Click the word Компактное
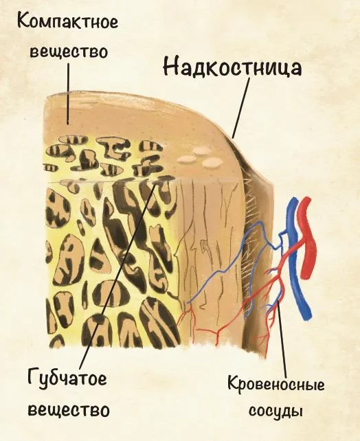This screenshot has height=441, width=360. [x=67, y=22]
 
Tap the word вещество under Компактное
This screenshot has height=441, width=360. [x=69, y=52]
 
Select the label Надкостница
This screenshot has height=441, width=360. [x=232, y=67]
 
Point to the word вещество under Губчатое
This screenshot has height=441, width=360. [x=69, y=410]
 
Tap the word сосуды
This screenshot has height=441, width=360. [x=275, y=411]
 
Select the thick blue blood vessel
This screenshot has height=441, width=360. [x=296, y=259]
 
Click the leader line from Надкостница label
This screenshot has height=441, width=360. [x=241, y=108]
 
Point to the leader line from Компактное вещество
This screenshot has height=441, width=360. [x=68, y=93]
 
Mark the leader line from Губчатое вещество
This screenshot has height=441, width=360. [x=117, y=273]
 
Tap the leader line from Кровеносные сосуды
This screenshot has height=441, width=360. [x=282, y=337]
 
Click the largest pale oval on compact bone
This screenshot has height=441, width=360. [x=213, y=161]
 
